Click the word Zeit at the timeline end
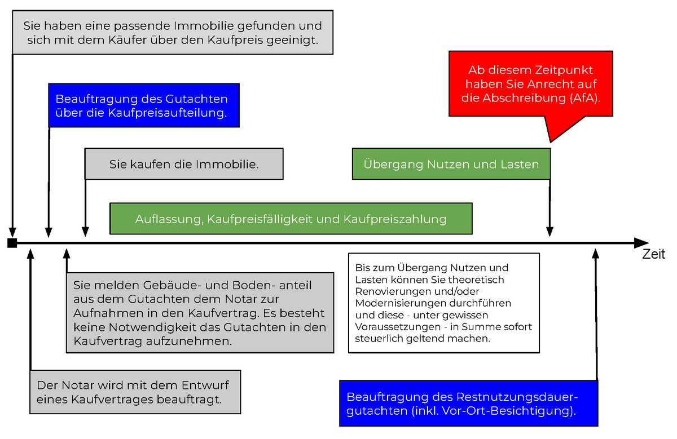pyautogui.click(x=653, y=254)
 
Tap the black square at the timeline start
pyautogui.click(x=12, y=243)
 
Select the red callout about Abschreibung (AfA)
pyautogui.click(x=530, y=84)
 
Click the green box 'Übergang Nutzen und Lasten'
pyautogui.click(x=451, y=165)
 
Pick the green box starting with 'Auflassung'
pyautogui.click(x=291, y=219)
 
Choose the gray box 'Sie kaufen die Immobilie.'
pyautogui.click(x=184, y=165)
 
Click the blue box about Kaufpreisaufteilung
pyautogui.click(x=144, y=105)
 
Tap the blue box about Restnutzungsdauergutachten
pyautogui.click(x=468, y=403)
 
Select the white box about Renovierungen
pyautogui.click(x=443, y=303)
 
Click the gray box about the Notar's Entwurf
pyautogui.click(x=135, y=392)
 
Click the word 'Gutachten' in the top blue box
pyautogui.click(x=196, y=99)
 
